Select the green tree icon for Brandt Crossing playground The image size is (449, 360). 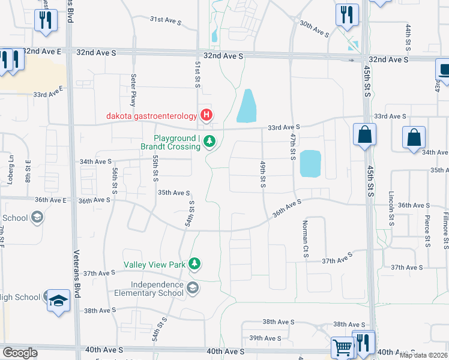(x=209, y=142)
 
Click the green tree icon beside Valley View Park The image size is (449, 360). (x=194, y=263)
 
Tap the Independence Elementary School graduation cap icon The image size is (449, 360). (x=192, y=289)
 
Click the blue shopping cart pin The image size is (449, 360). (x=342, y=347)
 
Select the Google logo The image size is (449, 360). (x=20, y=353)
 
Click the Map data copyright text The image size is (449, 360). (x=423, y=355)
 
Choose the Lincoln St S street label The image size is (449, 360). (x=391, y=205)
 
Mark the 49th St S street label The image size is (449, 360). (x=263, y=174)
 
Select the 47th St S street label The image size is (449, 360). (x=293, y=147)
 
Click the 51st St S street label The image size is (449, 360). (x=197, y=74)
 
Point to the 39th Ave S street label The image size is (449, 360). (x=265, y=338)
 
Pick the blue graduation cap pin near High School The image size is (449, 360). (x=58, y=301)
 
